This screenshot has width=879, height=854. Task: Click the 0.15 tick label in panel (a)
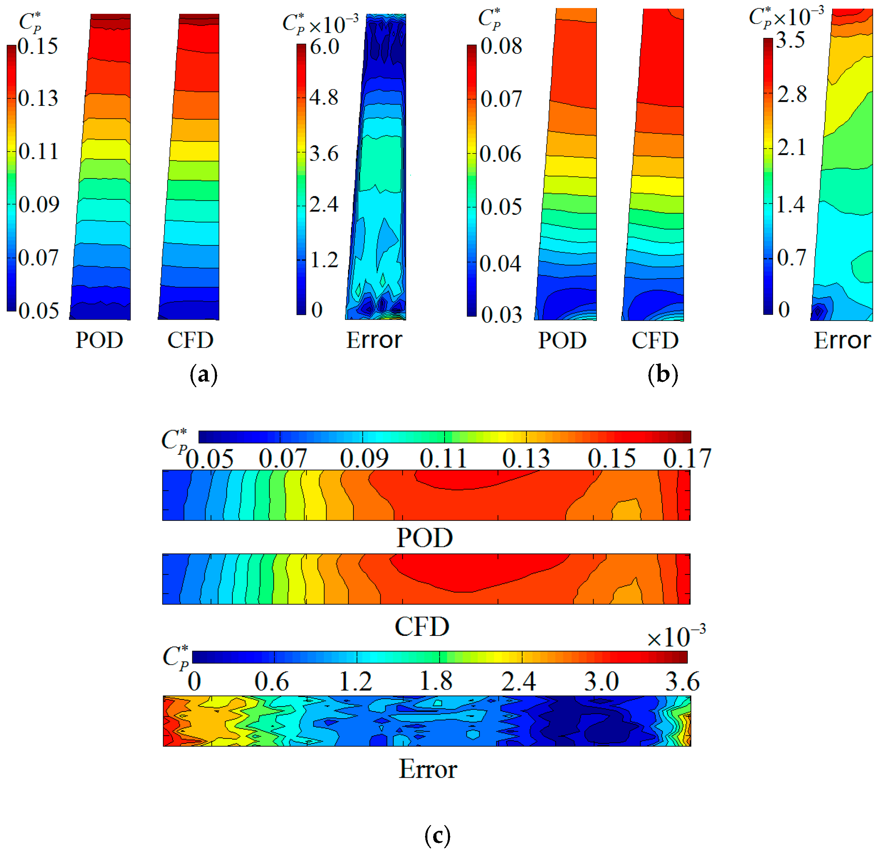click(38, 46)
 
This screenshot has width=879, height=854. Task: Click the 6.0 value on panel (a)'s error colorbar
click(324, 47)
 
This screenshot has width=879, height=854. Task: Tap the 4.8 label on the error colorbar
click(323, 97)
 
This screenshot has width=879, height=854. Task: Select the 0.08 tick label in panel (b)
click(501, 46)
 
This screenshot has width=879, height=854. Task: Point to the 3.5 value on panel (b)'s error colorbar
click(791, 40)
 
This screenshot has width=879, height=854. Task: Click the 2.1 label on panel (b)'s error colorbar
click(792, 147)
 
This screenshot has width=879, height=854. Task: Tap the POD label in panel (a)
click(99, 340)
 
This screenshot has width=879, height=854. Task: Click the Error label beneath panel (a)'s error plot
click(374, 340)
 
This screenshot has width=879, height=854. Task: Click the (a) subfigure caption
click(204, 374)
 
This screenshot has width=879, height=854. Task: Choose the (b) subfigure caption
click(663, 374)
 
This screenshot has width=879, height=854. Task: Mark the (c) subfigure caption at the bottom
click(437, 836)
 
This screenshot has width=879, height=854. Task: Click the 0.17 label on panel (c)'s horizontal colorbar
click(687, 458)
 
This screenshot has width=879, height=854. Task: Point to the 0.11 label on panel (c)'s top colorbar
click(443, 458)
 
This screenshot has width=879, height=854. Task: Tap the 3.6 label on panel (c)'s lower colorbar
click(682, 682)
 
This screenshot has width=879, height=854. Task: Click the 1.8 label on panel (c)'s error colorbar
click(436, 682)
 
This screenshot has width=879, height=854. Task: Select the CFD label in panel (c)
click(422, 626)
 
